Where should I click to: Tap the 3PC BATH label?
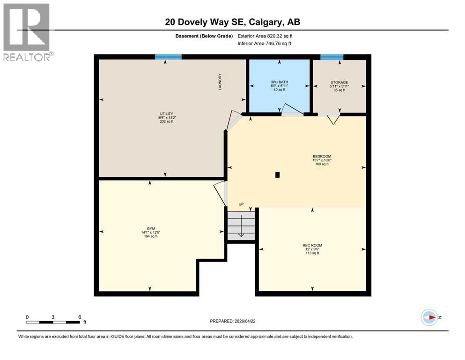279,82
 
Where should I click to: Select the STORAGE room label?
339,82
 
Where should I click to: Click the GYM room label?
150,228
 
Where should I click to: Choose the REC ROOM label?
312,245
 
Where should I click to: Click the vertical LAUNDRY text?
219,82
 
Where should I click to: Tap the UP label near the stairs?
242,204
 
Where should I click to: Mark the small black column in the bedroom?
278,175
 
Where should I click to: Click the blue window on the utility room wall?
168,57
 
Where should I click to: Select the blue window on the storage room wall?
332,57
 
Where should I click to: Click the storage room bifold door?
333,119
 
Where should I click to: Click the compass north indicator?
429,317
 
